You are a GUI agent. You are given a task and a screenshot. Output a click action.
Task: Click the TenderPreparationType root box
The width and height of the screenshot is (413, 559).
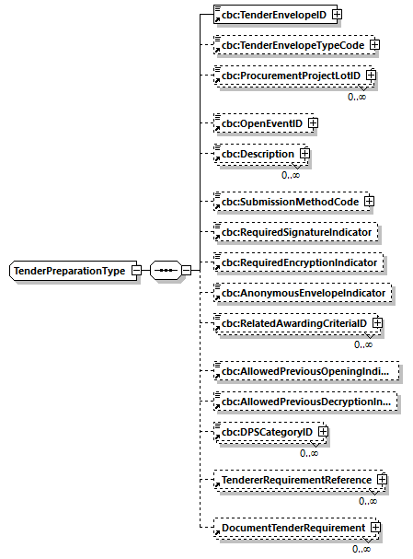pyautogui.click(x=69, y=271)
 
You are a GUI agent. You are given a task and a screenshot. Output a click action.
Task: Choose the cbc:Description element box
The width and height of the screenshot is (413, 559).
pyautogui.click(x=256, y=154)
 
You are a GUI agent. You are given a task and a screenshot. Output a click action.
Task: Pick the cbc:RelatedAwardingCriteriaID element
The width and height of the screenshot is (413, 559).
pyautogui.click(x=292, y=324)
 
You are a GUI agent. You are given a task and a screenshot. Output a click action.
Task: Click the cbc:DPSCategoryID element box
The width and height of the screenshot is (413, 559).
pyautogui.click(x=264, y=432)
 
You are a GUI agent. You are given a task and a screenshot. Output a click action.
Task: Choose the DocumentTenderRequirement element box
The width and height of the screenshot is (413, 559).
pyautogui.click(x=290, y=528)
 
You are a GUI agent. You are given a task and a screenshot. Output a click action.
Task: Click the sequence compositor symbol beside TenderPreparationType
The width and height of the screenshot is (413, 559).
pyautogui.click(x=166, y=271)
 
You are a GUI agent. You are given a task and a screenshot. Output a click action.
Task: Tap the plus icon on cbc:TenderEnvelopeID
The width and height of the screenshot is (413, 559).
pyautogui.click(x=337, y=15)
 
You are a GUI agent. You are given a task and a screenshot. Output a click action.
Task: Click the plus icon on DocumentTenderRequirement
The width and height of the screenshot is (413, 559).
pyautogui.click(x=375, y=528)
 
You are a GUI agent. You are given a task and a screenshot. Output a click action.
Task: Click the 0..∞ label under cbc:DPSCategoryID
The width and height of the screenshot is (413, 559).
pyautogui.click(x=309, y=452)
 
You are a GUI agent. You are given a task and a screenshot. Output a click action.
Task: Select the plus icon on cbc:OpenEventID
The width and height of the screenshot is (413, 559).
pyautogui.click(x=314, y=122)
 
